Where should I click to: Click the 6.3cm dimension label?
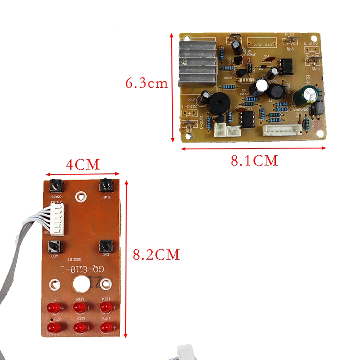click(x=147, y=83)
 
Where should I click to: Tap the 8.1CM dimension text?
click(x=254, y=160)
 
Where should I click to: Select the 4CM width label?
click(x=82, y=164)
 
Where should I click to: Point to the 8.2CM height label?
click(x=156, y=255)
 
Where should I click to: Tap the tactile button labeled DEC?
click(x=105, y=246)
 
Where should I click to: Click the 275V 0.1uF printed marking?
click(x=264, y=45)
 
